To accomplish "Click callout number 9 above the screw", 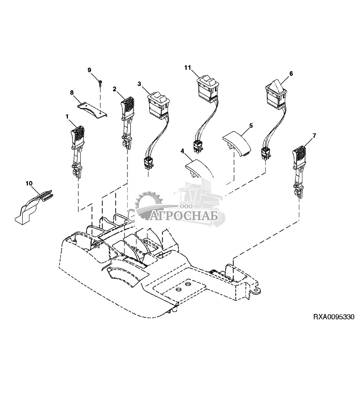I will (89, 70).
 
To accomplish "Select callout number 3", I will (139, 84).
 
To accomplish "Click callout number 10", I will (29, 183).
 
